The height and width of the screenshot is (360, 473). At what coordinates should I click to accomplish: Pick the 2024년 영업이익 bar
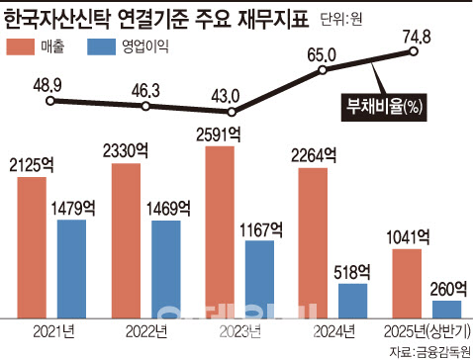[x=352, y=301]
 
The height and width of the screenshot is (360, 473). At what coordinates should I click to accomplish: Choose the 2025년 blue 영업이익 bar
[x=445, y=310]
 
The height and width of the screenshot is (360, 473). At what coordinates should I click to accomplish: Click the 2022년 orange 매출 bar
[x=127, y=240]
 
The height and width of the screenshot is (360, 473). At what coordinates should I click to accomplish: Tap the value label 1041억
[x=411, y=235]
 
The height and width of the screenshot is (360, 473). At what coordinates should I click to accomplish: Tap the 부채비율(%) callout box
[x=381, y=104]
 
